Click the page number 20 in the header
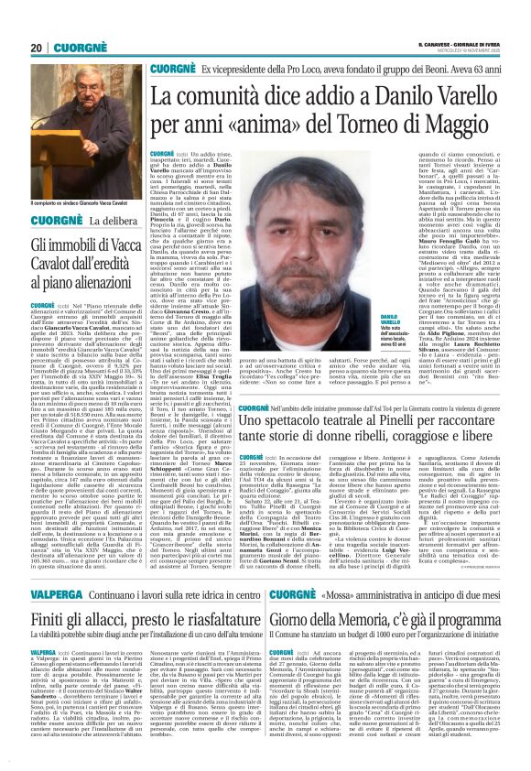36,48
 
